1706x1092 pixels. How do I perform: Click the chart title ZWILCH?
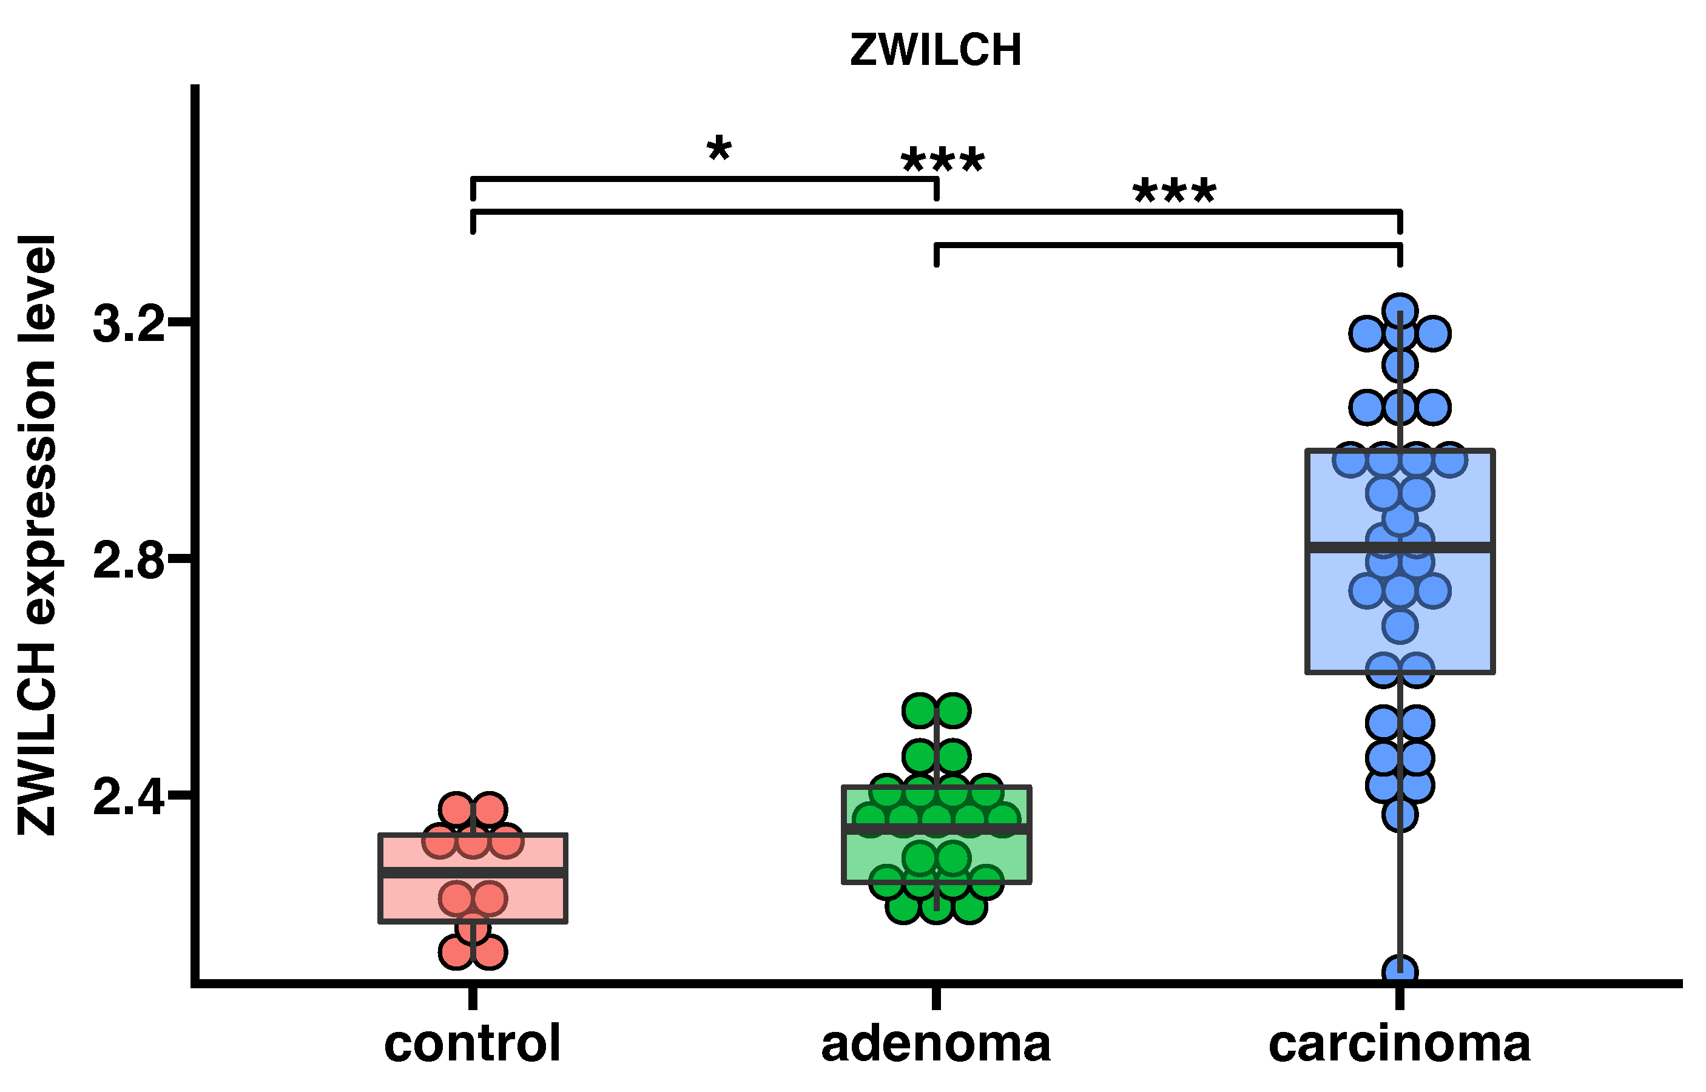coord(936,51)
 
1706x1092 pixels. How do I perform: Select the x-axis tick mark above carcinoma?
coord(1400,998)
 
